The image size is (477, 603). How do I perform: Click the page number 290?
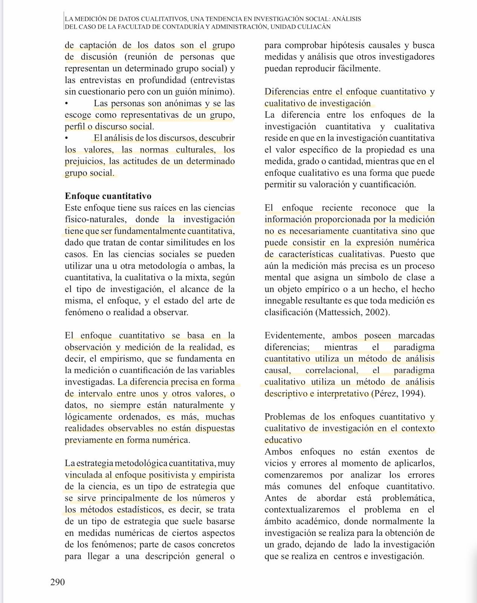click(x=58, y=582)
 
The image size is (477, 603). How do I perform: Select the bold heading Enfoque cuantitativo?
click(x=108, y=196)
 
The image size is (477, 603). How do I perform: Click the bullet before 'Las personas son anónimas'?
click(x=67, y=104)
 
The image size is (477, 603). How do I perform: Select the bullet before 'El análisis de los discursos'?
click(x=67, y=138)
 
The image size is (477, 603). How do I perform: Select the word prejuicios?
click(x=84, y=161)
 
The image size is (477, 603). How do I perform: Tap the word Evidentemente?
click(x=295, y=335)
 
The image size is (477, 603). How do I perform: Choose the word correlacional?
click(x=332, y=370)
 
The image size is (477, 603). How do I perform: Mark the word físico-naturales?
click(x=93, y=219)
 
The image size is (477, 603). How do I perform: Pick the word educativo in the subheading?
click(x=283, y=440)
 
